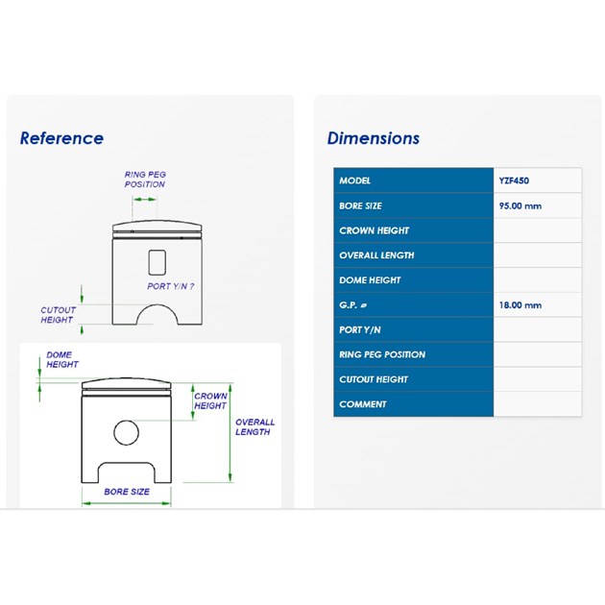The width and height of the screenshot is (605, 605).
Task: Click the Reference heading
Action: point(61,138)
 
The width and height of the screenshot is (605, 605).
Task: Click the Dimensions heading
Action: point(374,138)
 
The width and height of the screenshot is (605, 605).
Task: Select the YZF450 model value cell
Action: point(537,181)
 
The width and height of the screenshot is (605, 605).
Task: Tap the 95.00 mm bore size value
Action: point(520,206)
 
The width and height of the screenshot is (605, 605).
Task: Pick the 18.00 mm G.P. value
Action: point(520,304)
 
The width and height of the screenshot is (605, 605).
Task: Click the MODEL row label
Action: point(355,181)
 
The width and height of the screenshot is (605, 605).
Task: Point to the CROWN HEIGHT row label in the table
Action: point(374,230)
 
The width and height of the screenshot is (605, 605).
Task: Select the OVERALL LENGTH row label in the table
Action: point(376,255)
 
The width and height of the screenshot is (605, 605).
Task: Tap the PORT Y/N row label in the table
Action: point(360,330)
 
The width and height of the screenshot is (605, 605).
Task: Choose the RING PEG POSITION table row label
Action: point(382,354)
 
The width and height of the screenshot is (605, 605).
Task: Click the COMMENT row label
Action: point(363,404)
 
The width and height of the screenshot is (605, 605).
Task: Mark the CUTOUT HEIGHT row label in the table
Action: point(374,379)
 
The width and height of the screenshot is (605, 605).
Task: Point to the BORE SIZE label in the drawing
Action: point(127,492)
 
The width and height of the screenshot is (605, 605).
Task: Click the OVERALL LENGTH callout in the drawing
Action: point(255,426)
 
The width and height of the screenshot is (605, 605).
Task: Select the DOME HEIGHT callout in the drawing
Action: point(62,359)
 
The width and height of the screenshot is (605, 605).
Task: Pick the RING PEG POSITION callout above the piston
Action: point(145,180)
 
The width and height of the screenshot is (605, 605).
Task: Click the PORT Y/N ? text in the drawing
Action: point(171,286)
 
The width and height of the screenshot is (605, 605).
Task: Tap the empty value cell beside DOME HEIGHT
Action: point(537,279)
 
